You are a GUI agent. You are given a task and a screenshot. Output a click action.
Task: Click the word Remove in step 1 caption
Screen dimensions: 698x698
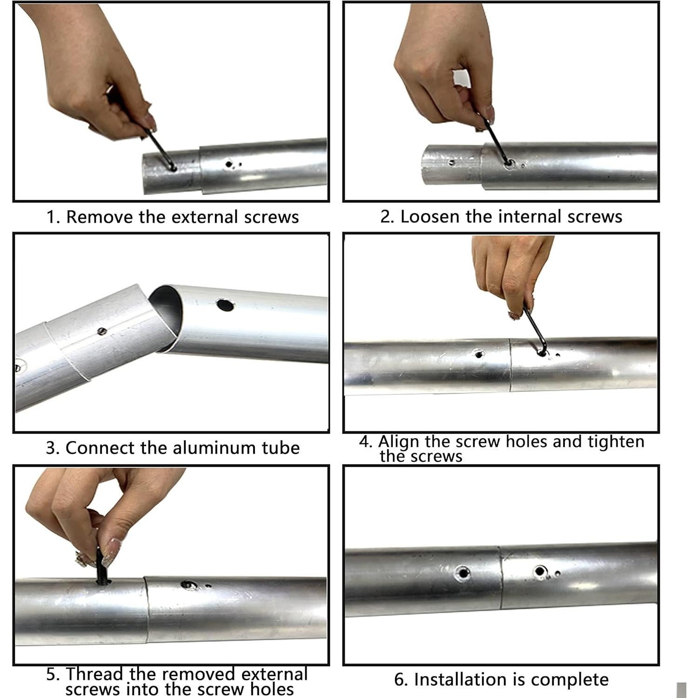(95, 217)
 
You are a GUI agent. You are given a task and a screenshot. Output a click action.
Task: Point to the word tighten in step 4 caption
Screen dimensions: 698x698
(616, 441)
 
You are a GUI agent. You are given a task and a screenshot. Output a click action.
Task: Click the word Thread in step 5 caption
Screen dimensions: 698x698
(94, 674)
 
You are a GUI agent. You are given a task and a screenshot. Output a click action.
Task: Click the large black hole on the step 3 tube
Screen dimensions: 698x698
(225, 305)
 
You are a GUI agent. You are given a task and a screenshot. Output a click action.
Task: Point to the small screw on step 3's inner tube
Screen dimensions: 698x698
(102, 331)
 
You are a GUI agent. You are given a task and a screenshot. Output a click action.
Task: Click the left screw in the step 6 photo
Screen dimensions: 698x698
(463, 572)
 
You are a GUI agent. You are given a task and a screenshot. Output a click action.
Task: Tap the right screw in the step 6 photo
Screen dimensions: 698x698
(540, 571)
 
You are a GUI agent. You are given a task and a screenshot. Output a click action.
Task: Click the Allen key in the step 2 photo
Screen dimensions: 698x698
(496, 140)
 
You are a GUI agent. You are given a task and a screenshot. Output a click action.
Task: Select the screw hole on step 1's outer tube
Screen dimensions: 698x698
(228, 164)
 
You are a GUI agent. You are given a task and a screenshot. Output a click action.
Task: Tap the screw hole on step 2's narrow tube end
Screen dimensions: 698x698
(451, 163)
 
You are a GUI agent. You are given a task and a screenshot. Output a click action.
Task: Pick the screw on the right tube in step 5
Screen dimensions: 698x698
(188, 584)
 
